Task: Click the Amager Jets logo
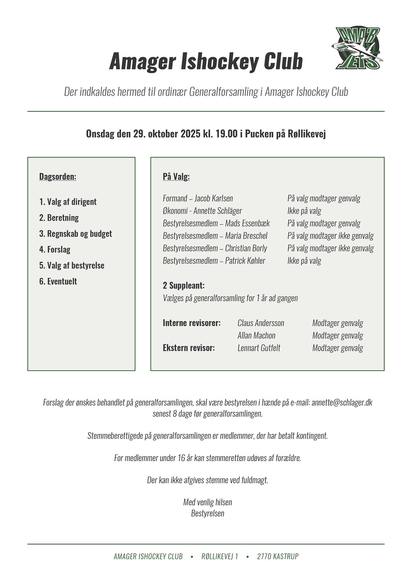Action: [x=357, y=48]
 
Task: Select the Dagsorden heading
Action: [x=58, y=177]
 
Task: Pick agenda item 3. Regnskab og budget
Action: [x=76, y=234]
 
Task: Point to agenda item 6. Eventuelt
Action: [x=58, y=281]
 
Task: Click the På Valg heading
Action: [x=176, y=177]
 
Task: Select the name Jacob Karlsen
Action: [x=214, y=198]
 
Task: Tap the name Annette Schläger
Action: [x=218, y=211]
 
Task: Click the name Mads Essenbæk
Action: [x=247, y=223]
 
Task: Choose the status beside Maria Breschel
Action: [x=330, y=236]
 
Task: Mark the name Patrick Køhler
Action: [x=245, y=261]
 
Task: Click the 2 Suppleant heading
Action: [x=184, y=285]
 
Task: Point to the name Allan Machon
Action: [x=256, y=335]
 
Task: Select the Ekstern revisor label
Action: [x=189, y=348]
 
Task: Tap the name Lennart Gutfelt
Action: [x=259, y=348]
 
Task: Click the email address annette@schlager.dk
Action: [x=342, y=402]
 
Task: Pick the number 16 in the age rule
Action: [x=182, y=458]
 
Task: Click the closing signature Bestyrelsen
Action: [x=208, y=513]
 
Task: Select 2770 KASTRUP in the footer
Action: [x=278, y=556]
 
